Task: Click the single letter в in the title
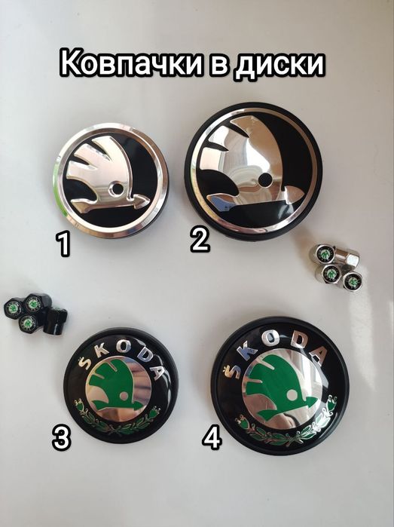(x=212, y=66)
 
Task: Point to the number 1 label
(x=64, y=244)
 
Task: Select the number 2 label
(x=199, y=239)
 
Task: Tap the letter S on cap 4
(x=231, y=369)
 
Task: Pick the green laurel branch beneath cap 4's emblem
(x=285, y=430)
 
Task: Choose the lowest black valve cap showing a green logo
(x=28, y=323)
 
